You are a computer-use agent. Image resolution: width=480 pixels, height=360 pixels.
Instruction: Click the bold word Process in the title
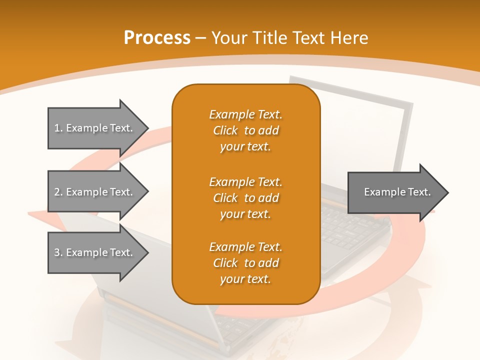pyautogui.click(x=157, y=38)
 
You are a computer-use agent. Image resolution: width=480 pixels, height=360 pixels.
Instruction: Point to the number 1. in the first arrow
pyautogui.click(x=58, y=128)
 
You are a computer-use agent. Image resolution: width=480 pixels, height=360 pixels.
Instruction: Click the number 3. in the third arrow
pyautogui.click(x=58, y=253)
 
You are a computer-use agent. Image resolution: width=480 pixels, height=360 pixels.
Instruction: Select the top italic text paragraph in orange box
pyautogui.click(x=245, y=130)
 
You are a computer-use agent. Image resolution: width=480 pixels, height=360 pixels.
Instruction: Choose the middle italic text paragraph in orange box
pyautogui.click(x=245, y=198)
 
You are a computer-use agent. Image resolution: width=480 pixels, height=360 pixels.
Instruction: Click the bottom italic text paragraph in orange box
pyautogui.click(x=245, y=263)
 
